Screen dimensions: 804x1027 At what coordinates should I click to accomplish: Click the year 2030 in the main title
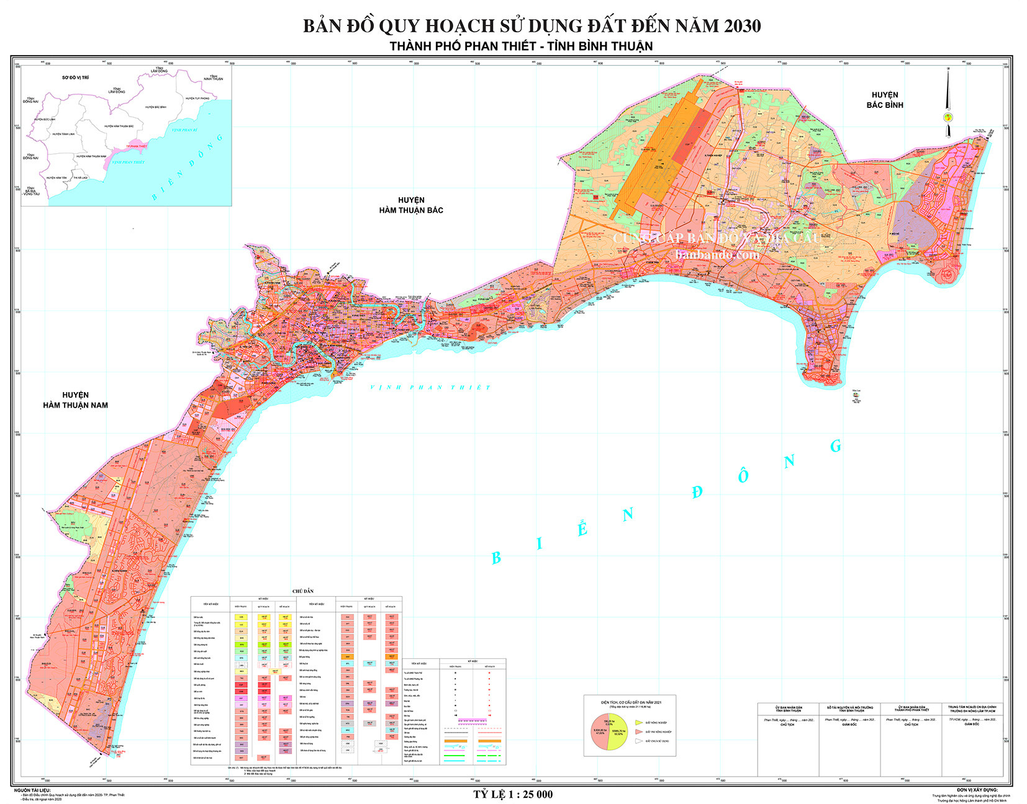738,26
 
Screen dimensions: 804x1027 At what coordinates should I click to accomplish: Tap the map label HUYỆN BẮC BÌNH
884,100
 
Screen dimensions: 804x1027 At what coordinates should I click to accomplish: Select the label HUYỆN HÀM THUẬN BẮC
411,205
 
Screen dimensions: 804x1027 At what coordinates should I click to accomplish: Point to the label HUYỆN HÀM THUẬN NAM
75,400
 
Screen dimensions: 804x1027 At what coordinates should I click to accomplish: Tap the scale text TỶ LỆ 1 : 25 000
513,794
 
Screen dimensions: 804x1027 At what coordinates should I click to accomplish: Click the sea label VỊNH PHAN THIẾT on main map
430,387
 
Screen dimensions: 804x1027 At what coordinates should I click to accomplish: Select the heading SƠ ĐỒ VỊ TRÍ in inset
75,78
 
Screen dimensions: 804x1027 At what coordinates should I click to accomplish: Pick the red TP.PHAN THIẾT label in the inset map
137,146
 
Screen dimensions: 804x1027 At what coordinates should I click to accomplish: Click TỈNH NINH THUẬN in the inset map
213,78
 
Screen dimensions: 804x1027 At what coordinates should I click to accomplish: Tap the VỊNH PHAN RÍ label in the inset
184,130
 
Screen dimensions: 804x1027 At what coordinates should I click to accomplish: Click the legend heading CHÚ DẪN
304,591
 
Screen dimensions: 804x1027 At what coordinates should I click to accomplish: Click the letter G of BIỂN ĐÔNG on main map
836,445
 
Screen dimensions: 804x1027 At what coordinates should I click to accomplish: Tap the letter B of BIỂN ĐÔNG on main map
496,558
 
